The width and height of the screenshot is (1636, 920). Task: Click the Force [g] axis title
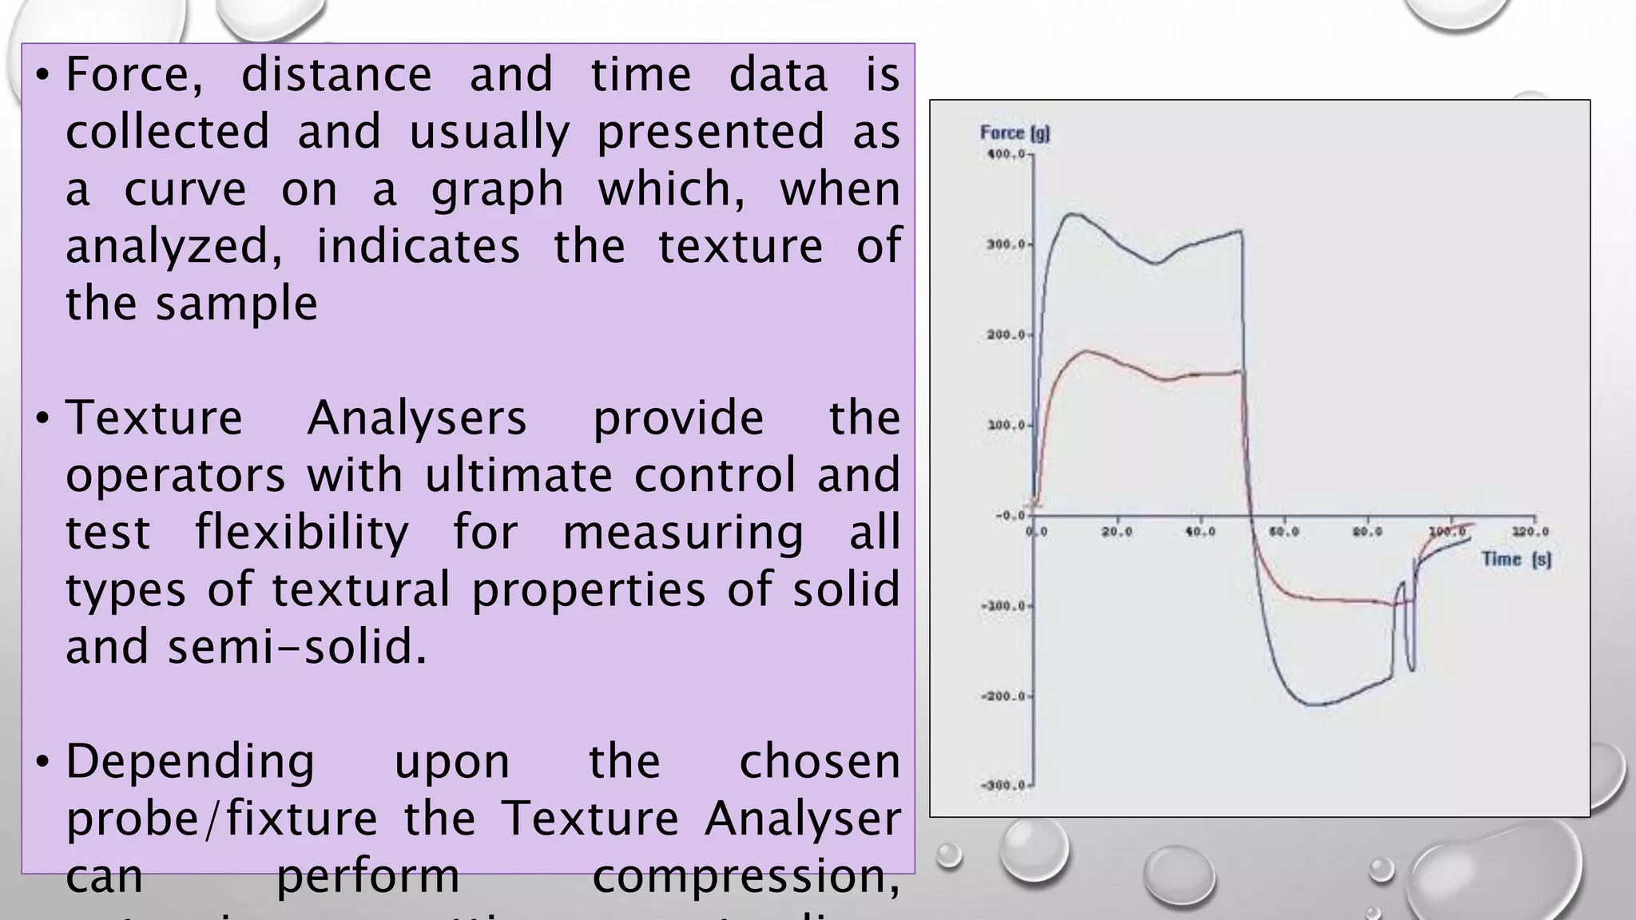1015,133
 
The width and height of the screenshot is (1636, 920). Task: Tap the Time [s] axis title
1516,559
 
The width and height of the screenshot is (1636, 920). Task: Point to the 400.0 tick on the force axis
1006,154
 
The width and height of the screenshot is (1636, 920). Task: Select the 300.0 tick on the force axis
1006,244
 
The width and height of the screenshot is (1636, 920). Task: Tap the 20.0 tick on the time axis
1117,532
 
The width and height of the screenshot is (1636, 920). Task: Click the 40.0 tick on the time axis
1200,532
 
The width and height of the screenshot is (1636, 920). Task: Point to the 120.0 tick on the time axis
1531,532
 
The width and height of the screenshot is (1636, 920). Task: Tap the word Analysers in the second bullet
416,418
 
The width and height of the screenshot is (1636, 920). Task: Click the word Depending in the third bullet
190,763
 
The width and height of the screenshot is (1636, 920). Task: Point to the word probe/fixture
221,819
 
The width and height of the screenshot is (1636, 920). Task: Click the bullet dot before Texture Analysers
43,418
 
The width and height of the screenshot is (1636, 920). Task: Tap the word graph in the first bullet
497,190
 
